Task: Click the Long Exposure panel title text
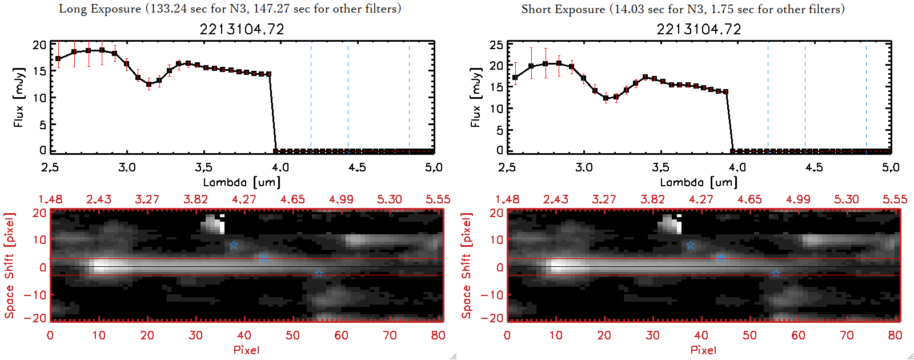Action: pyautogui.click(x=230, y=9)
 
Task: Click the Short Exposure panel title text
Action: pyautogui.click(x=683, y=9)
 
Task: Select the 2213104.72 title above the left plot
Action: pyautogui.click(x=242, y=29)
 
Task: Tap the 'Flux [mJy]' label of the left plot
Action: pyautogui.click(x=19, y=98)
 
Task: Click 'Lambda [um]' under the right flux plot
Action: pyautogui.click(x=699, y=182)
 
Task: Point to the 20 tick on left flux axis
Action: pyautogui.click(x=39, y=45)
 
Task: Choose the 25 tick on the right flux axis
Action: pyautogui.click(x=496, y=45)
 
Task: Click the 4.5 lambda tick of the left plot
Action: pyautogui.click(x=357, y=167)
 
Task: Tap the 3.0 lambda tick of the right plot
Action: pyautogui.click(x=584, y=167)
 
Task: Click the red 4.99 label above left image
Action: pyautogui.click(x=341, y=199)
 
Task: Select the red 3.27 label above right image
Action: pyautogui.click(x=604, y=199)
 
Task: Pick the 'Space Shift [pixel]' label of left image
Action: pyautogui.click(x=9, y=266)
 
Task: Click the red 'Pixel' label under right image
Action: pyautogui.click(x=703, y=350)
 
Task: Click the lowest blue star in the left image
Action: pyautogui.click(x=319, y=274)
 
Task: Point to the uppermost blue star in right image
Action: pyautogui.click(x=690, y=245)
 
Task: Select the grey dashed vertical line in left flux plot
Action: pyautogui.click(x=348, y=97)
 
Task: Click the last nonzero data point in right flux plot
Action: pyautogui.click(x=725, y=91)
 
